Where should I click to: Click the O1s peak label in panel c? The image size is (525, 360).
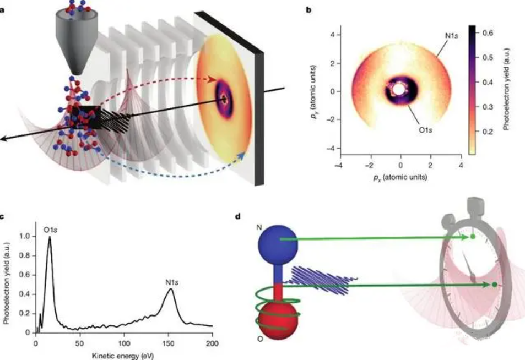pos(50,230)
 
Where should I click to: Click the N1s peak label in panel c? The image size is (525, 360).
pos(172,283)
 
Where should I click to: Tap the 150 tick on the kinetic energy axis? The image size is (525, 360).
pos(168,343)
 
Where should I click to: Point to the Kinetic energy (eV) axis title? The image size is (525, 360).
pos(123,355)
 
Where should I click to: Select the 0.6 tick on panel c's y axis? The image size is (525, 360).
pos(25,275)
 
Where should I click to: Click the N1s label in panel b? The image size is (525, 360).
pos(451,35)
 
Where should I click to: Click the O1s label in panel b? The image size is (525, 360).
pos(425,130)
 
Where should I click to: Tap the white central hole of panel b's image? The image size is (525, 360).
pos(398,89)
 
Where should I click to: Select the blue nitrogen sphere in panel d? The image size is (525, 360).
pos(278,244)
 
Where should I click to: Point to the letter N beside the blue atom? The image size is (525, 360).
pos(259,228)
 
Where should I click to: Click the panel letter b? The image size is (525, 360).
pos(308,10)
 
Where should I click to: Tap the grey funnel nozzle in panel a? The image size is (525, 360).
pos(77,39)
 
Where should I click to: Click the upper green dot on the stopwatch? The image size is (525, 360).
pos(473,237)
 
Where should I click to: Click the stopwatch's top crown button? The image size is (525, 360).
pos(475,205)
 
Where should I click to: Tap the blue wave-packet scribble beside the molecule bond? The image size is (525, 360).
pos(321,280)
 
